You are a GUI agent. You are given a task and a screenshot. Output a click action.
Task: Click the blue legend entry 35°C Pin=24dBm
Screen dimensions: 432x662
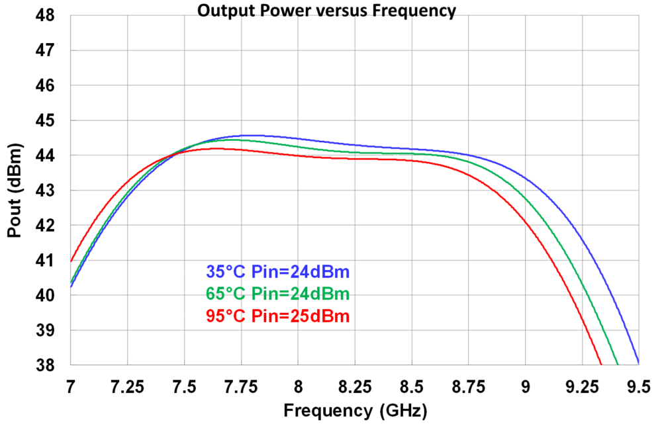tap(277, 271)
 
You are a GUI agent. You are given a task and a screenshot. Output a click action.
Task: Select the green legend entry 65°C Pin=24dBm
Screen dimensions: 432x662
tap(277, 294)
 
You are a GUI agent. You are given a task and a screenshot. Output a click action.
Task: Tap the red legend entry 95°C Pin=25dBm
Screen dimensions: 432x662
tap(277, 316)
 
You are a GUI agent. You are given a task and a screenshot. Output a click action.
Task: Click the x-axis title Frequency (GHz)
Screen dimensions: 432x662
tap(355, 411)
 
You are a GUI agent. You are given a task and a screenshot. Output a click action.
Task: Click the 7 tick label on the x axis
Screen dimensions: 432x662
tap(71, 384)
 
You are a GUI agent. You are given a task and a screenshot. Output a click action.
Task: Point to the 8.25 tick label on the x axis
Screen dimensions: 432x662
tap(355, 384)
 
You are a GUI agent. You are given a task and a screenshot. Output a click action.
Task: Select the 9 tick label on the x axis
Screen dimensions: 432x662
tap(525, 384)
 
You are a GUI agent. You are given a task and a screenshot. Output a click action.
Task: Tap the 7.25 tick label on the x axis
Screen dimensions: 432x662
tap(127, 384)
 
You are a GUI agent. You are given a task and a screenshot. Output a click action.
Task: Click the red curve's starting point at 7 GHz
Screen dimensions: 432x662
tap(71, 261)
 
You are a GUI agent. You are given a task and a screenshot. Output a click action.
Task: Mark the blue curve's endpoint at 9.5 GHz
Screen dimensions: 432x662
tap(638, 363)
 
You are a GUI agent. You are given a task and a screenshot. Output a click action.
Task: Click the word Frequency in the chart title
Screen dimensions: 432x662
tap(421, 11)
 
